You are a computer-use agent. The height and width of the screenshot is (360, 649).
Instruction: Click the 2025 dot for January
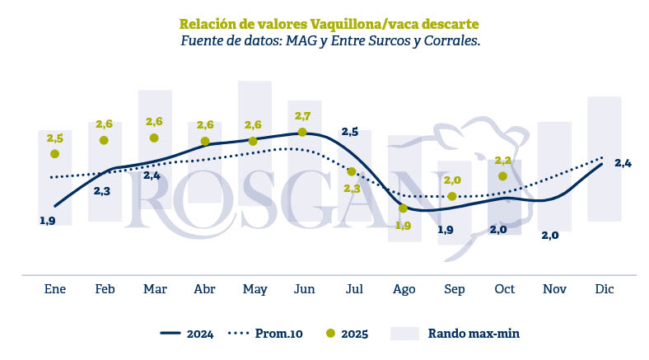point(55,153)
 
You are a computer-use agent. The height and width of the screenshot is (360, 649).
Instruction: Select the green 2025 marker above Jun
point(302,132)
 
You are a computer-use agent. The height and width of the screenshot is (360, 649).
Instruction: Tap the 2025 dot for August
point(403,208)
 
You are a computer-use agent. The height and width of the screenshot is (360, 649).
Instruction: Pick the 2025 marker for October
point(502,175)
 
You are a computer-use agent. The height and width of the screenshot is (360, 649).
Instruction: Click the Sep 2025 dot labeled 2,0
point(452,196)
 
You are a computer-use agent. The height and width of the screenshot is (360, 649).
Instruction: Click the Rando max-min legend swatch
point(405,333)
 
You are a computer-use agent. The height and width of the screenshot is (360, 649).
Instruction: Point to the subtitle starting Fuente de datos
point(329,40)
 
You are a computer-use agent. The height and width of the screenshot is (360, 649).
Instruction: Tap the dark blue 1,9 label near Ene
point(47,221)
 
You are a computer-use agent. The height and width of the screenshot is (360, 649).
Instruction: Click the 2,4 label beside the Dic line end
point(623,163)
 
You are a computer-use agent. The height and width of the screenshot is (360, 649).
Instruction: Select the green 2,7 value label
point(302,115)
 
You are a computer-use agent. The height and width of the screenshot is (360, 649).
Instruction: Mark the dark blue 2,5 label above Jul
point(349,132)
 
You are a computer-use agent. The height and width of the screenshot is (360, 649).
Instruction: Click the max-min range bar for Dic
point(605,158)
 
